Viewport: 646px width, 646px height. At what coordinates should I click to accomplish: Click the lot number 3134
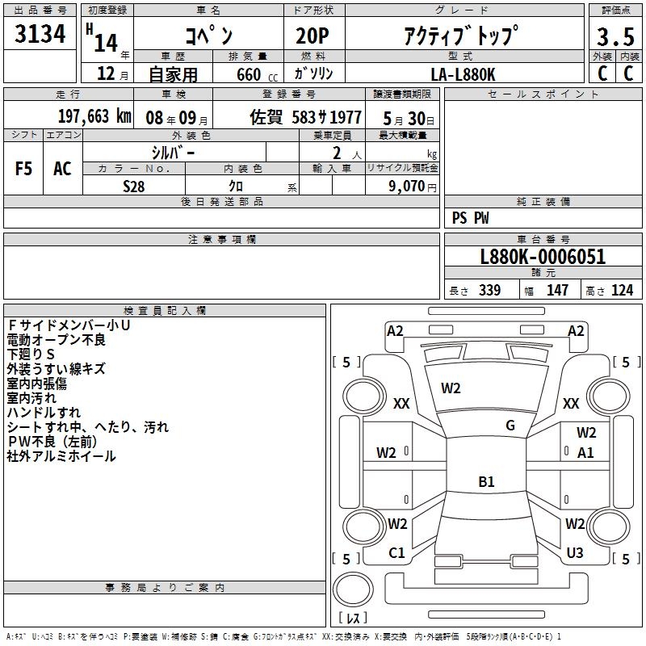[40, 36]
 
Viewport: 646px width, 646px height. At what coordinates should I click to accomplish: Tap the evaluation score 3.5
[615, 37]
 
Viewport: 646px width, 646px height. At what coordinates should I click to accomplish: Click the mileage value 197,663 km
[94, 116]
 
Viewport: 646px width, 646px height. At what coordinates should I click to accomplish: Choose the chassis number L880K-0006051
[543, 258]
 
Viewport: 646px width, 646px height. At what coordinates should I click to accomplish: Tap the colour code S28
[133, 187]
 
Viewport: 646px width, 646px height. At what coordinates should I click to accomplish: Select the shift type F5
[24, 169]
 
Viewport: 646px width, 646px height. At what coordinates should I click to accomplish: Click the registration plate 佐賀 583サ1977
[306, 116]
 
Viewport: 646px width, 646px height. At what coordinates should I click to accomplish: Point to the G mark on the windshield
[510, 426]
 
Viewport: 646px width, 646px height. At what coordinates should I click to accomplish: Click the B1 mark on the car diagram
[486, 482]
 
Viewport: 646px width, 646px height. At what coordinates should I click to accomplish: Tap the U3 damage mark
[575, 553]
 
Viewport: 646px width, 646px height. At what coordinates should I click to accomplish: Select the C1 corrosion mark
[396, 553]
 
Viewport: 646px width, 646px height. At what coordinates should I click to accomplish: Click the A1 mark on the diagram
[585, 452]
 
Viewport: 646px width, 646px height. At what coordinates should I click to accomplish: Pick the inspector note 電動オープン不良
[57, 340]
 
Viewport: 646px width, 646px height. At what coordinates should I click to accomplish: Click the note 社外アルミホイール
[61, 456]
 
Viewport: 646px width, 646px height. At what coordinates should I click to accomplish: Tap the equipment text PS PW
[470, 218]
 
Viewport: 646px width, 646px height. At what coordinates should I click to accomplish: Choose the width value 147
[557, 291]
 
